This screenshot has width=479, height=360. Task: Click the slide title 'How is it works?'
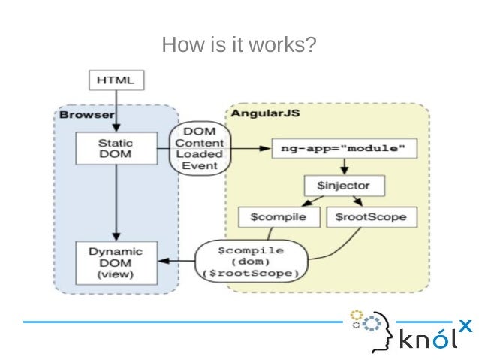[239, 47]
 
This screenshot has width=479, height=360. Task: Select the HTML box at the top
[116, 80]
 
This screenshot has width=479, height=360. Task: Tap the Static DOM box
[116, 147]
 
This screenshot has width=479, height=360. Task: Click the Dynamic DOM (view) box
[116, 262]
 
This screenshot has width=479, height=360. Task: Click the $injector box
[342, 184]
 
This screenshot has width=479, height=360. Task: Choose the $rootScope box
[371, 217]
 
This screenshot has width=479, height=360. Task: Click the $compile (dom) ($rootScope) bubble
[250, 261]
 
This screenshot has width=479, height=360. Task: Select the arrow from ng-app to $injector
[342, 165]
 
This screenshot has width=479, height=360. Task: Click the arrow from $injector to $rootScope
[359, 201]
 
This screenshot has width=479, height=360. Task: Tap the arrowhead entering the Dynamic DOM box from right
[159, 262]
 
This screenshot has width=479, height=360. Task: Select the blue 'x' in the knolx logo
[465, 325]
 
